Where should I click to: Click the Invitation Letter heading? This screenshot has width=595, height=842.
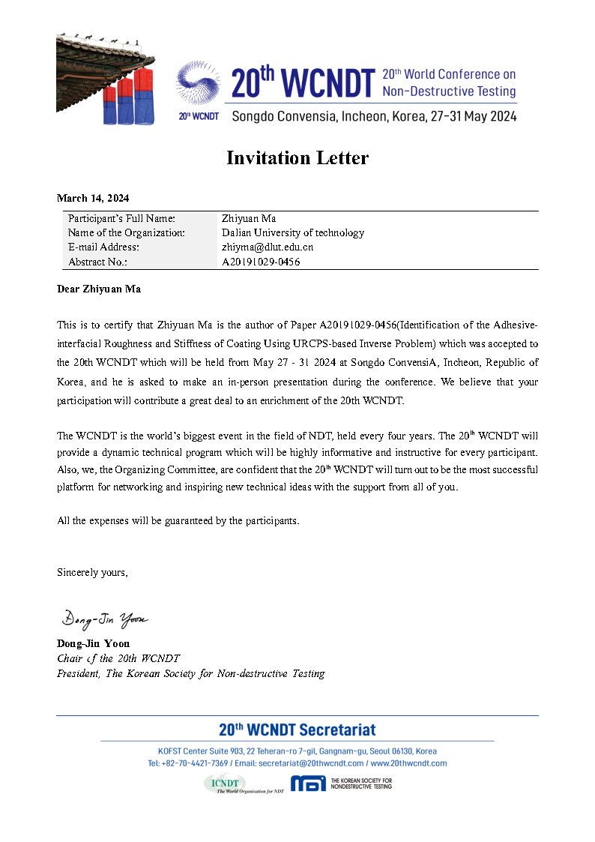click(x=297, y=158)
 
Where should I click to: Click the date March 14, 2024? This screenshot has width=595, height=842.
click(x=93, y=199)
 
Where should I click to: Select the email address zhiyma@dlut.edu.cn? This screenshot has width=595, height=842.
click(x=267, y=247)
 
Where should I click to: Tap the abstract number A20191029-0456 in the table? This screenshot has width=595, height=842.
click(x=261, y=262)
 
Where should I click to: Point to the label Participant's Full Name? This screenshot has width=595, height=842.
click(x=121, y=218)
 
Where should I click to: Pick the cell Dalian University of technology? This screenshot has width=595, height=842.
click(x=292, y=232)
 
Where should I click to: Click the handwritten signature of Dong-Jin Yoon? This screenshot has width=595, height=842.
click(x=105, y=619)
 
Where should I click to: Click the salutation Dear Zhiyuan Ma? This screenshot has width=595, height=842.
click(x=98, y=289)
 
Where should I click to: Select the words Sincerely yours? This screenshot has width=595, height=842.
click(x=92, y=573)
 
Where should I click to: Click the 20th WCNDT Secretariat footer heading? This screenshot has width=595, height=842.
click(x=297, y=730)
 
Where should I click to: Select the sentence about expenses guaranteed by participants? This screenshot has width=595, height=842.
click(x=178, y=521)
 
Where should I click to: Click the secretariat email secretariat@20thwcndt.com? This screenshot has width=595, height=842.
click(x=315, y=763)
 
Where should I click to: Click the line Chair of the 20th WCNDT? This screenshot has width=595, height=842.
click(x=118, y=658)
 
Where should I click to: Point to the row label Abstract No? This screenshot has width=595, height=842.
click(x=97, y=262)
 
